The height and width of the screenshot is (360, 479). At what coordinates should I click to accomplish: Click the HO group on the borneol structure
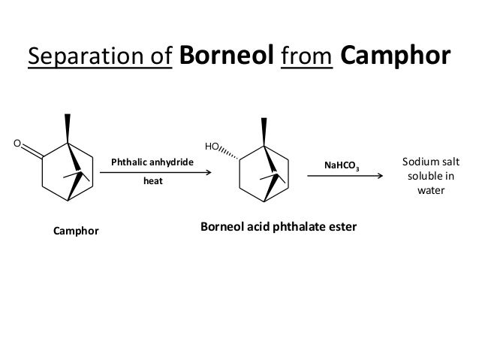point(213,146)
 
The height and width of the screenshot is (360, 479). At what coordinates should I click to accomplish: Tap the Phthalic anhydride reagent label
point(152,162)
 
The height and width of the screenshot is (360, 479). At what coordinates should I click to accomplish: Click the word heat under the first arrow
point(152,182)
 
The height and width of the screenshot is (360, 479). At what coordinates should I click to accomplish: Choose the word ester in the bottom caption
point(341,225)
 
